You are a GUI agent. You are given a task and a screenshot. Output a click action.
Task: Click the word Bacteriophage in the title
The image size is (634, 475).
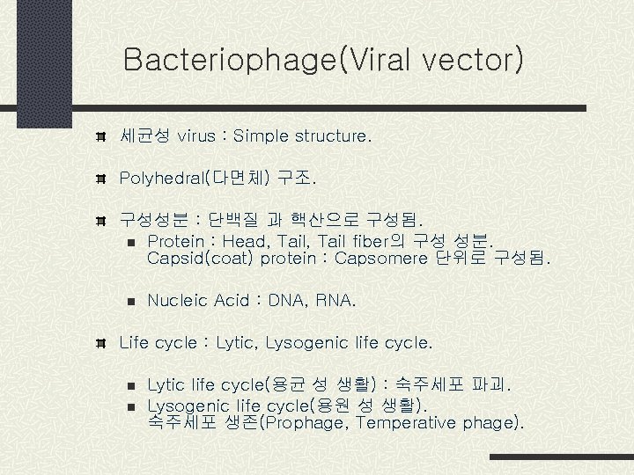click(230, 60)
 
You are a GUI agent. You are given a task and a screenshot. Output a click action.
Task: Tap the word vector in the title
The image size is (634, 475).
click(473, 60)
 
